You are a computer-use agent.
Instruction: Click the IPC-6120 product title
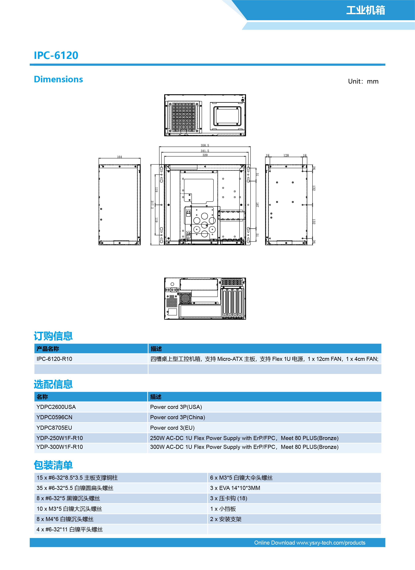[x=56, y=55]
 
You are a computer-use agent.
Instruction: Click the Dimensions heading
[x=58, y=79]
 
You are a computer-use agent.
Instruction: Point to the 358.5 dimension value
[x=205, y=145]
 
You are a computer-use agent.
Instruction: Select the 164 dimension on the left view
[x=119, y=157]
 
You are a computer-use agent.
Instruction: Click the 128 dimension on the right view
[x=286, y=155]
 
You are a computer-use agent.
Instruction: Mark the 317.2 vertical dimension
[x=152, y=205]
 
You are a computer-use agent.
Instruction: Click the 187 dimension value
[x=257, y=205]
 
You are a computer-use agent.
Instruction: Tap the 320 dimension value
[x=205, y=155]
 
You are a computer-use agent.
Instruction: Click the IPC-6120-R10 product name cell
[x=54, y=359]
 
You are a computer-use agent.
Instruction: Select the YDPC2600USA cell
[x=56, y=407]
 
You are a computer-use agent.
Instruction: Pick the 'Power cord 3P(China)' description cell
[x=177, y=417]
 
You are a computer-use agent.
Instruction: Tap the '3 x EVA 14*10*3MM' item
[x=235, y=488]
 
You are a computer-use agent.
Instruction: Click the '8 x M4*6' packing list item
[x=65, y=519]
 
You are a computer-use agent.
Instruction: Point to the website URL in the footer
[x=331, y=543]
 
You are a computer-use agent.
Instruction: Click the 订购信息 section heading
[x=53, y=336]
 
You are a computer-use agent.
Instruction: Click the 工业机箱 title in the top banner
[x=365, y=10]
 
